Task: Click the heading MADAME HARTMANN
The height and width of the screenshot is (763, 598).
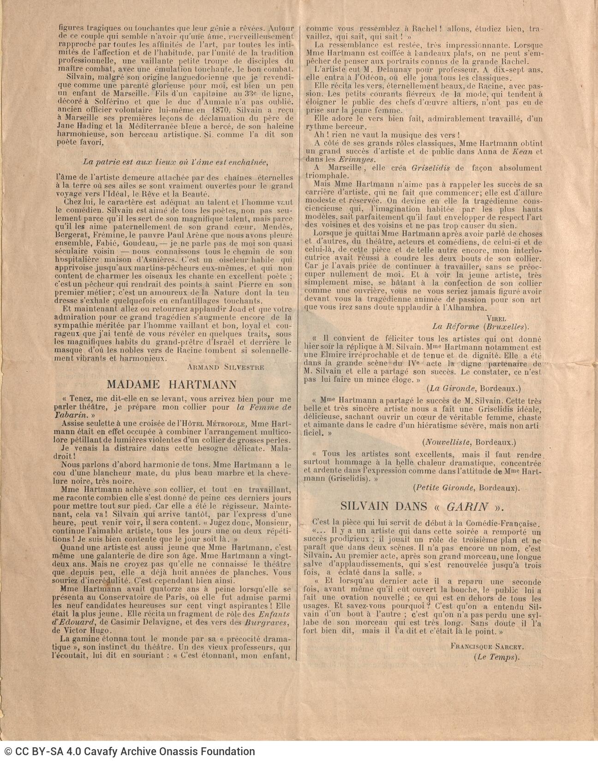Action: click(x=172, y=385)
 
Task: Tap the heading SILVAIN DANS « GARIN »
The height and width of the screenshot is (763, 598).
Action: click(x=422, y=506)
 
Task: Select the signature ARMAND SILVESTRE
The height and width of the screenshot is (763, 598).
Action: click(x=226, y=367)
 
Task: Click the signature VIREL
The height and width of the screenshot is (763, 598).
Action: click(x=496, y=318)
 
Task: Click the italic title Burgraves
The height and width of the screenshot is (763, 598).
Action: click(x=267, y=623)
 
